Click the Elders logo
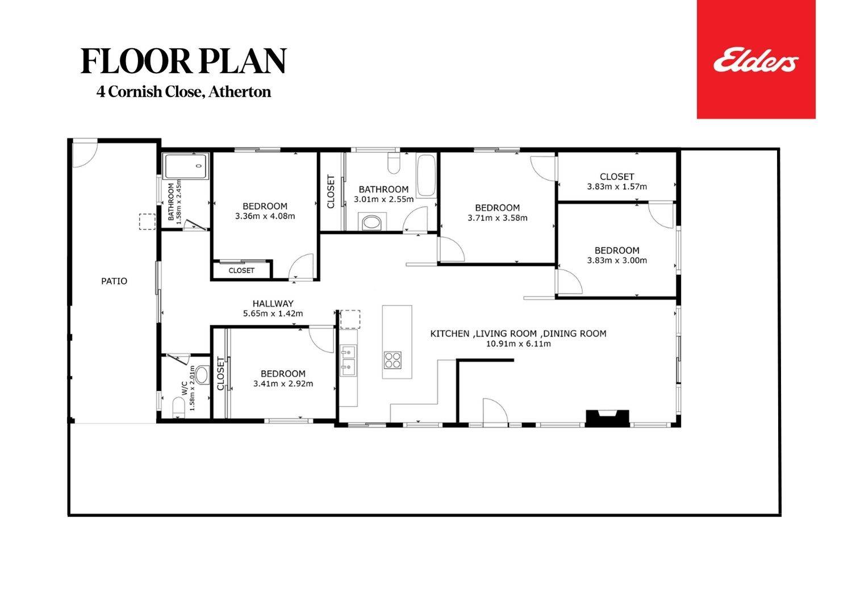(x=756, y=60)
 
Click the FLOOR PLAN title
(x=183, y=61)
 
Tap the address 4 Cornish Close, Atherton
(x=183, y=92)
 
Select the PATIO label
(x=114, y=281)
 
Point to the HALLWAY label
(x=273, y=304)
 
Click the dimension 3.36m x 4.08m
(x=265, y=216)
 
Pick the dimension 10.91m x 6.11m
(x=519, y=344)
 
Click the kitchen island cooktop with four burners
(x=393, y=360)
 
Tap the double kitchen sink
(x=348, y=361)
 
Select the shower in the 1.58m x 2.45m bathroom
(x=186, y=166)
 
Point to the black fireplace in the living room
(x=608, y=417)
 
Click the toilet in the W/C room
(x=178, y=407)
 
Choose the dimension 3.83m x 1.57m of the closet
(x=617, y=186)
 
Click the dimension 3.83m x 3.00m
(x=617, y=261)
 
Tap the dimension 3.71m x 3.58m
(x=498, y=218)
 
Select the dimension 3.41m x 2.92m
(x=283, y=384)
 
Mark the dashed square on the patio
(x=147, y=221)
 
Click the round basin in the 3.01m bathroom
(x=372, y=221)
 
